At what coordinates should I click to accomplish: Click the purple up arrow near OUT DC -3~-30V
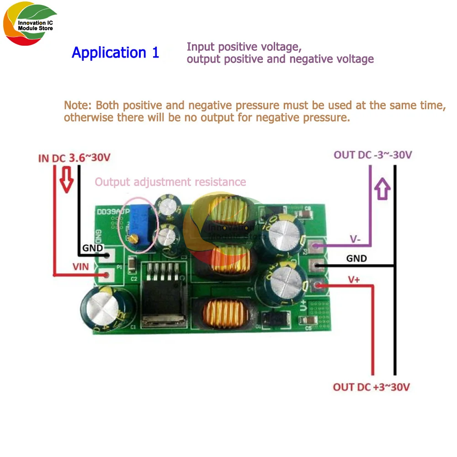click(382, 188)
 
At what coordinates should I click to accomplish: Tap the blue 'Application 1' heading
click(115, 53)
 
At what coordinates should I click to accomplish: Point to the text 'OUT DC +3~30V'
click(371, 388)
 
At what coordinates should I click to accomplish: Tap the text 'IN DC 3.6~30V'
click(74, 158)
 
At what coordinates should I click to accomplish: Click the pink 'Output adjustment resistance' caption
click(170, 182)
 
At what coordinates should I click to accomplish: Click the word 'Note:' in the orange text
click(78, 105)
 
